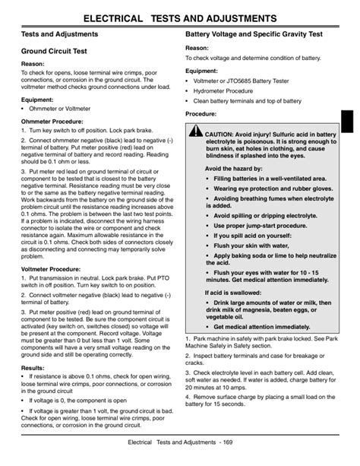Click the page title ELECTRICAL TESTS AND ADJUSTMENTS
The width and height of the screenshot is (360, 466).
coord(180,16)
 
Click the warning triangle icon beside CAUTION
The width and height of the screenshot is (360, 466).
coord(195,135)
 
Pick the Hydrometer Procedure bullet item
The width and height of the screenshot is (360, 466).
coord(229,90)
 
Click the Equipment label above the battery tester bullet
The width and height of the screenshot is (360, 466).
coord(201,71)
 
